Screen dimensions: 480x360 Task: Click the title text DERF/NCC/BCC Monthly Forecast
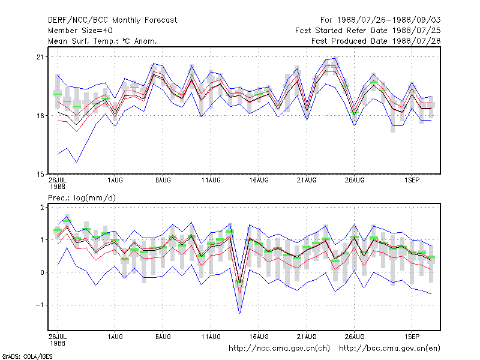click(x=112, y=20)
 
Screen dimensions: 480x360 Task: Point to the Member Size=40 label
click(x=80, y=31)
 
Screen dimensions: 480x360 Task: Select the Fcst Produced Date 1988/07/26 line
click(x=376, y=41)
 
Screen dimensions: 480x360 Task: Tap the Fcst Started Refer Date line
click(x=368, y=31)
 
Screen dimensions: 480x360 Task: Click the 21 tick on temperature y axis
click(x=40, y=57)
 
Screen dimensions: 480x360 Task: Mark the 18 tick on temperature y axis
click(x=40, y=116)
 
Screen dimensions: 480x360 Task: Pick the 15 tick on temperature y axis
click(x=40, y=175)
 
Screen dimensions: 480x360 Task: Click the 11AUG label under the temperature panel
click(x=211, y=181)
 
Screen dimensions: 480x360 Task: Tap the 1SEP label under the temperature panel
click(x=412, y=181)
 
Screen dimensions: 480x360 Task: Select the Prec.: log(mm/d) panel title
click(x=82, y=198)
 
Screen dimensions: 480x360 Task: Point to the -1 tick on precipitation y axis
click(x=40, y=305)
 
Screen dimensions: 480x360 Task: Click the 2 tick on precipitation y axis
click(x=42, y=207)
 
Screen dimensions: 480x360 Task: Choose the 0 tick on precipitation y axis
click(x=42, y=272)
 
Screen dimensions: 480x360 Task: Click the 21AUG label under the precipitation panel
click(x=307, y=337)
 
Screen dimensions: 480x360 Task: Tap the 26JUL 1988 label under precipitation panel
click(x=58, y=340)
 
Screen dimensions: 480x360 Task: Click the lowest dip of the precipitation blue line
click(x=239, y=313)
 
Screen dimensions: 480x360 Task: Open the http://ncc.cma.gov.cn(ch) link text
click(x=279, y=349)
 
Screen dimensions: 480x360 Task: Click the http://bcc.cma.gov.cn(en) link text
click(x=389, y=349)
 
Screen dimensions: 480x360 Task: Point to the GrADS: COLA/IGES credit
click(x=27, y=356)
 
